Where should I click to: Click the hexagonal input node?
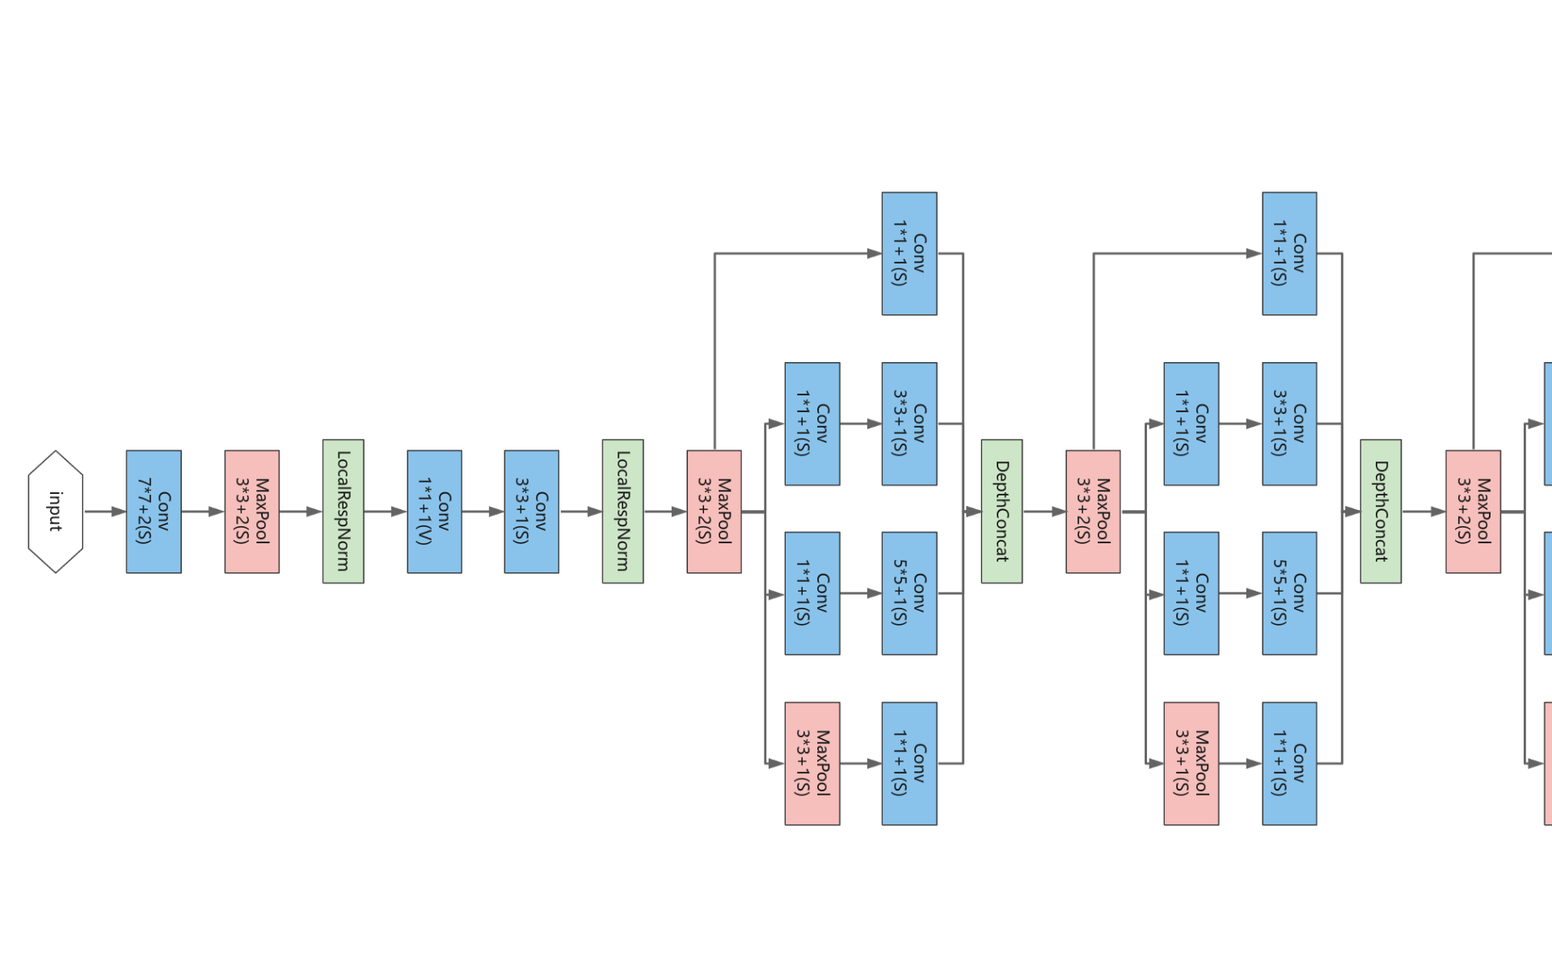(55, 512)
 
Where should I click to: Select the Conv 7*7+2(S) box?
(154, 512)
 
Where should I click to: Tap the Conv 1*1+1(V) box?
(434, 512)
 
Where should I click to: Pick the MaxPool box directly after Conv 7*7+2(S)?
(251, 512)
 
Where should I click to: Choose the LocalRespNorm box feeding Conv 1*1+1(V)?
(343, 512)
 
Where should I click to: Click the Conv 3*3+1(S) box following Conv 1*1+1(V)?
(531, 512)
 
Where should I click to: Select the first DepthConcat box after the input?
(1002, 512)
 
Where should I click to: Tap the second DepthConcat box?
(1381, 512)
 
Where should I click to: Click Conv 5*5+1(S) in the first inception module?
(909, 593)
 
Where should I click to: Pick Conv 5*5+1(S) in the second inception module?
(1289, 593)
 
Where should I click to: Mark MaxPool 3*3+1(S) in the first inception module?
(812, 763)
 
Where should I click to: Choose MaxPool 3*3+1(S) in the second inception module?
(1191, 763)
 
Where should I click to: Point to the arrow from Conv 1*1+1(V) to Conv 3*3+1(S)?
(483, 512)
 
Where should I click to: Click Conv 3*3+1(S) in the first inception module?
(909, 424)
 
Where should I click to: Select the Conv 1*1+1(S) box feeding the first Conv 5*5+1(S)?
(812, 593)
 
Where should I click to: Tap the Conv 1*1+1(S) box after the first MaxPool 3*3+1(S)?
(909, 763)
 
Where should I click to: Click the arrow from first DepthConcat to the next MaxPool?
(1044, 512)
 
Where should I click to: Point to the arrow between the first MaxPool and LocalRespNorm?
(301, 512)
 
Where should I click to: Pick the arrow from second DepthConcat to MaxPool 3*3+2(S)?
(1423, 512)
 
